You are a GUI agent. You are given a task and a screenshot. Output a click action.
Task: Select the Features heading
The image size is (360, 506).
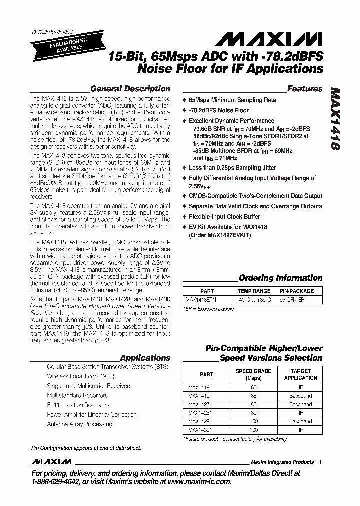click(305, 89)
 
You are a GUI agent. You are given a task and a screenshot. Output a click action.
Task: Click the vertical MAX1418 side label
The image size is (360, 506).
click(336, 120)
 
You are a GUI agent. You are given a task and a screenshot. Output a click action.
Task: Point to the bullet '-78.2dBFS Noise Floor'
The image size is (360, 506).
click(218, 110)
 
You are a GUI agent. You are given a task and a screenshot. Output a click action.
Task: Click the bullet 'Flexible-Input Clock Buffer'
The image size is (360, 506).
click(224, 217)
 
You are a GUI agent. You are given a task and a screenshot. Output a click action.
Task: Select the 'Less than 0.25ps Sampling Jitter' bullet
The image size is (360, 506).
click(233, 168)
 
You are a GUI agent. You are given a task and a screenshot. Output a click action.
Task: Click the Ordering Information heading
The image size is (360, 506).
click(280, 278)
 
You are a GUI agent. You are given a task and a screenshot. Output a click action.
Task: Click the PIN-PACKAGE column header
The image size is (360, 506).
click(297, 291)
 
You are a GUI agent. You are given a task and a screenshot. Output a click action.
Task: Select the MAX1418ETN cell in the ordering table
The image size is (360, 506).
click(204, 300)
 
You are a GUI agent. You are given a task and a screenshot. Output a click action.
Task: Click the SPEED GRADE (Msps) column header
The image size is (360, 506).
click(253, 374)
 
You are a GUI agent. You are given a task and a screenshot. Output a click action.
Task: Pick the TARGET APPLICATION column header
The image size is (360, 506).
click(300, 374)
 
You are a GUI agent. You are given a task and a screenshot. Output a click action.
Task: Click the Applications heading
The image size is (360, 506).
click(145, 358)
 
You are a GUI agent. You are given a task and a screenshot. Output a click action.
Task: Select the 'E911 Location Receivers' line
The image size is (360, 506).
click(78, 405)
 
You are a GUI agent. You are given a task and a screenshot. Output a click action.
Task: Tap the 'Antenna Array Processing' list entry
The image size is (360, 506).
click(79, 424)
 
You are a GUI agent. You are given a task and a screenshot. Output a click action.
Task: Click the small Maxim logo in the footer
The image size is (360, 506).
click(51, 461)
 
